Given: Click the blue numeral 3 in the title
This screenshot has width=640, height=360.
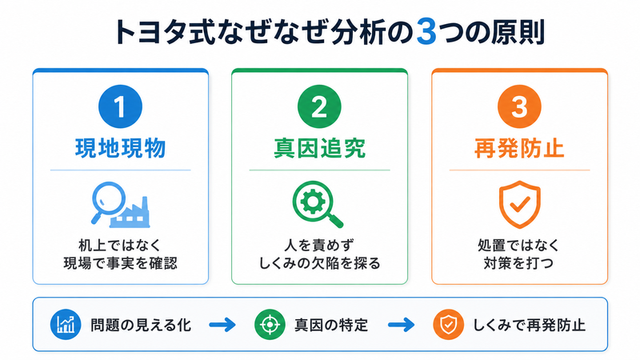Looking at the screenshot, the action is (426, 32).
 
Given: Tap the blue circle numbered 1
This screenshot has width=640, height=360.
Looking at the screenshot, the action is (120, 106).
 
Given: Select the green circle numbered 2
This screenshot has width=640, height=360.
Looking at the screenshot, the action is (319, 106).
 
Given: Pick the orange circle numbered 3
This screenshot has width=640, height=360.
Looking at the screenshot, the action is (519, 106).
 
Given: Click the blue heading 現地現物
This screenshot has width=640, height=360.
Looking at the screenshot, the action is (121, 148).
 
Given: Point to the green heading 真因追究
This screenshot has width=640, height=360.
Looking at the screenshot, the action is (319, 148).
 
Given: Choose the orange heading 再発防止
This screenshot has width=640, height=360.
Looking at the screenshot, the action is (519, 148).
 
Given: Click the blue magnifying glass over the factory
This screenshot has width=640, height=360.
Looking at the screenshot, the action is (108, 201).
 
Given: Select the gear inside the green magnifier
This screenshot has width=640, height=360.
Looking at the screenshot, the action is (313, 202).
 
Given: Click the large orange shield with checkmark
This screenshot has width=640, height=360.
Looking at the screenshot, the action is (519, 204).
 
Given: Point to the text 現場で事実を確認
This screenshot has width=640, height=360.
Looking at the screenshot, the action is (121, 263).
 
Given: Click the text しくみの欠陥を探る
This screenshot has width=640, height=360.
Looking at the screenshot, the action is (319, 263).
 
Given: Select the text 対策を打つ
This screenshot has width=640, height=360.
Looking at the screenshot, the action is (518, 263).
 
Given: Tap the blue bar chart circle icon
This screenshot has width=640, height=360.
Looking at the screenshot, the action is (66, 325).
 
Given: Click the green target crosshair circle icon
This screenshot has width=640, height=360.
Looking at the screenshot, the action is (270, 325).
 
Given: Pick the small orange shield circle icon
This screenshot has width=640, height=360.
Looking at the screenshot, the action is (448, 325).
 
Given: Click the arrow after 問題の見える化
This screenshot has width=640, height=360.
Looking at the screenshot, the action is (222, 325).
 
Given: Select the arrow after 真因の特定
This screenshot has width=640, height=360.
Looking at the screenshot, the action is (402, 325).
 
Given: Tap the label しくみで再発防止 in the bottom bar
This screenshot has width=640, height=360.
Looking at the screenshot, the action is (529, 326).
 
